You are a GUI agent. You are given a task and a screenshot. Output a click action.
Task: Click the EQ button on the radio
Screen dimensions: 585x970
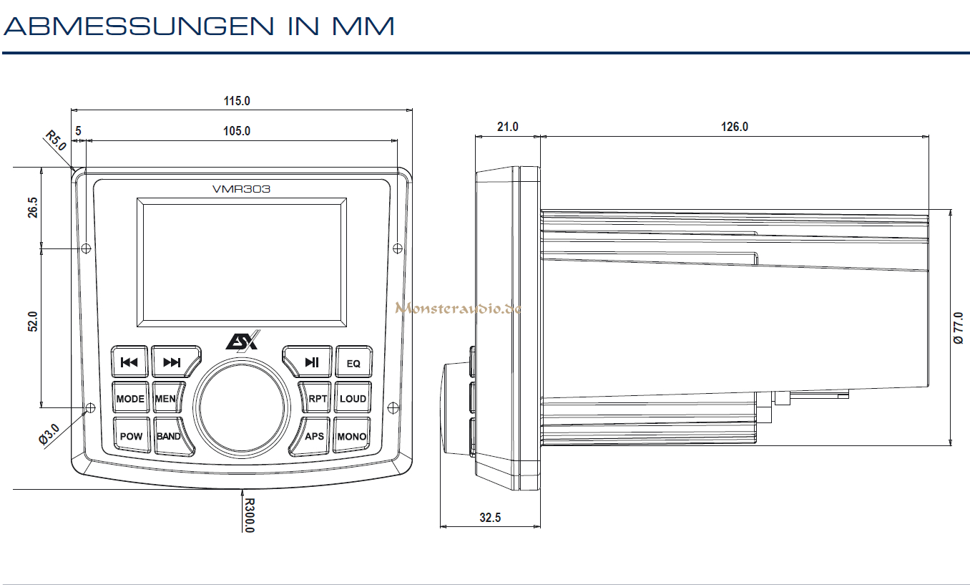[x=353, y=362]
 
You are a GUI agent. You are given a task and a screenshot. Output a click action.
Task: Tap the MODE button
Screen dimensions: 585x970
[x=130, y=399]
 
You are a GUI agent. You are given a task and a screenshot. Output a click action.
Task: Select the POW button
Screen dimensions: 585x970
[x=131, y=436]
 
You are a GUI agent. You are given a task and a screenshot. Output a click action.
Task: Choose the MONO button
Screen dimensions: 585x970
[x=352, y=436]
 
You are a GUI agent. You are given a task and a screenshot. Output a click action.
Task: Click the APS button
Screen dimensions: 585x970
[x=313, y=436]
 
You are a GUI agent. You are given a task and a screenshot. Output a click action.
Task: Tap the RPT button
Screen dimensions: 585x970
[x=317, y=399]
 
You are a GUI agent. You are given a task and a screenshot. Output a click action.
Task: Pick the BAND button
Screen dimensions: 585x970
[x=170, y=436]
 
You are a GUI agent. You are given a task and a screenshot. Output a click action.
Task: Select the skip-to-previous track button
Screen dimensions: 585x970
[x=129, y=362]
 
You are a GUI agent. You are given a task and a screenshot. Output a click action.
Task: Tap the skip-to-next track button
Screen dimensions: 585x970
[x=172, y=362]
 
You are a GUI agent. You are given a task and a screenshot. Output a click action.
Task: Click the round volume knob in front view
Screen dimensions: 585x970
[x=242, y=409]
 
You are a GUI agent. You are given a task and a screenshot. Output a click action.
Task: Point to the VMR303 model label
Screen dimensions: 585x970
[x=241, y=189]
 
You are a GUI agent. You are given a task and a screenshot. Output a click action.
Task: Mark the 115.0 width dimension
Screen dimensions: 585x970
[x=237, y=101]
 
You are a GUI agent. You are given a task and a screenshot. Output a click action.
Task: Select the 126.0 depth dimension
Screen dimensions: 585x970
[x=734, y=127]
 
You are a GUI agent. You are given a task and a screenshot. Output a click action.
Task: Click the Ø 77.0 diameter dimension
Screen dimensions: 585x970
[x=959, y=328]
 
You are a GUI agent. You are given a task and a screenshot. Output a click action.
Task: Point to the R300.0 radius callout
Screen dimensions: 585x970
[x=249, y=516]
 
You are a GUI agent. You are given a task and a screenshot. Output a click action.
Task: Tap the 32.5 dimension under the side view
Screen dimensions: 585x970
[x=489, y=517]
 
